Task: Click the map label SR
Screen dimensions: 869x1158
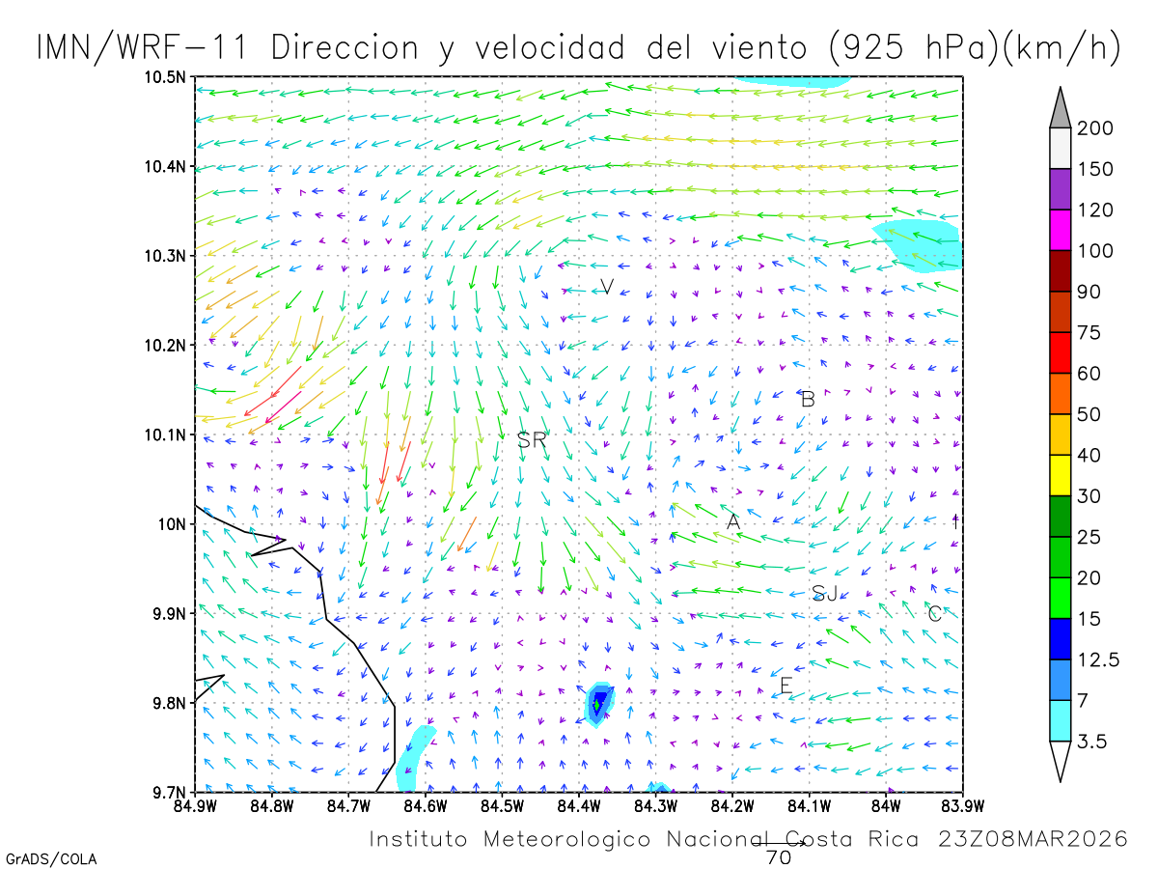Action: tap(532, 440)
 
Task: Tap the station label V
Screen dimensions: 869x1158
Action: tap(607, 286)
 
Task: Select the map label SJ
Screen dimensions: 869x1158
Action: tap(824, 593)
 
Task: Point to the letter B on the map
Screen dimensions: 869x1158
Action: tap(809, 399)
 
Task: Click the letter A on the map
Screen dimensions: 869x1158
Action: tap(733, 521)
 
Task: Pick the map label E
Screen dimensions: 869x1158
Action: tap(786, 686)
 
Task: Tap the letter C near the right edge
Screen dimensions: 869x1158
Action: tap(934, 613)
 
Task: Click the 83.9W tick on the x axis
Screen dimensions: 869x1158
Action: tap(962, 805)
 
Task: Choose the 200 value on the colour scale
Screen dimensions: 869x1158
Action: tap(1095, 128)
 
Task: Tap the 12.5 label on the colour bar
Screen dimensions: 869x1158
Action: tap(1099, 659)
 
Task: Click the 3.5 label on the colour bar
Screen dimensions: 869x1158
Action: tap(1091, 742)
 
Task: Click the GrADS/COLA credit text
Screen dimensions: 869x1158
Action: tap(51, 858)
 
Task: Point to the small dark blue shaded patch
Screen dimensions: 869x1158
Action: tap(599, 701)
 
